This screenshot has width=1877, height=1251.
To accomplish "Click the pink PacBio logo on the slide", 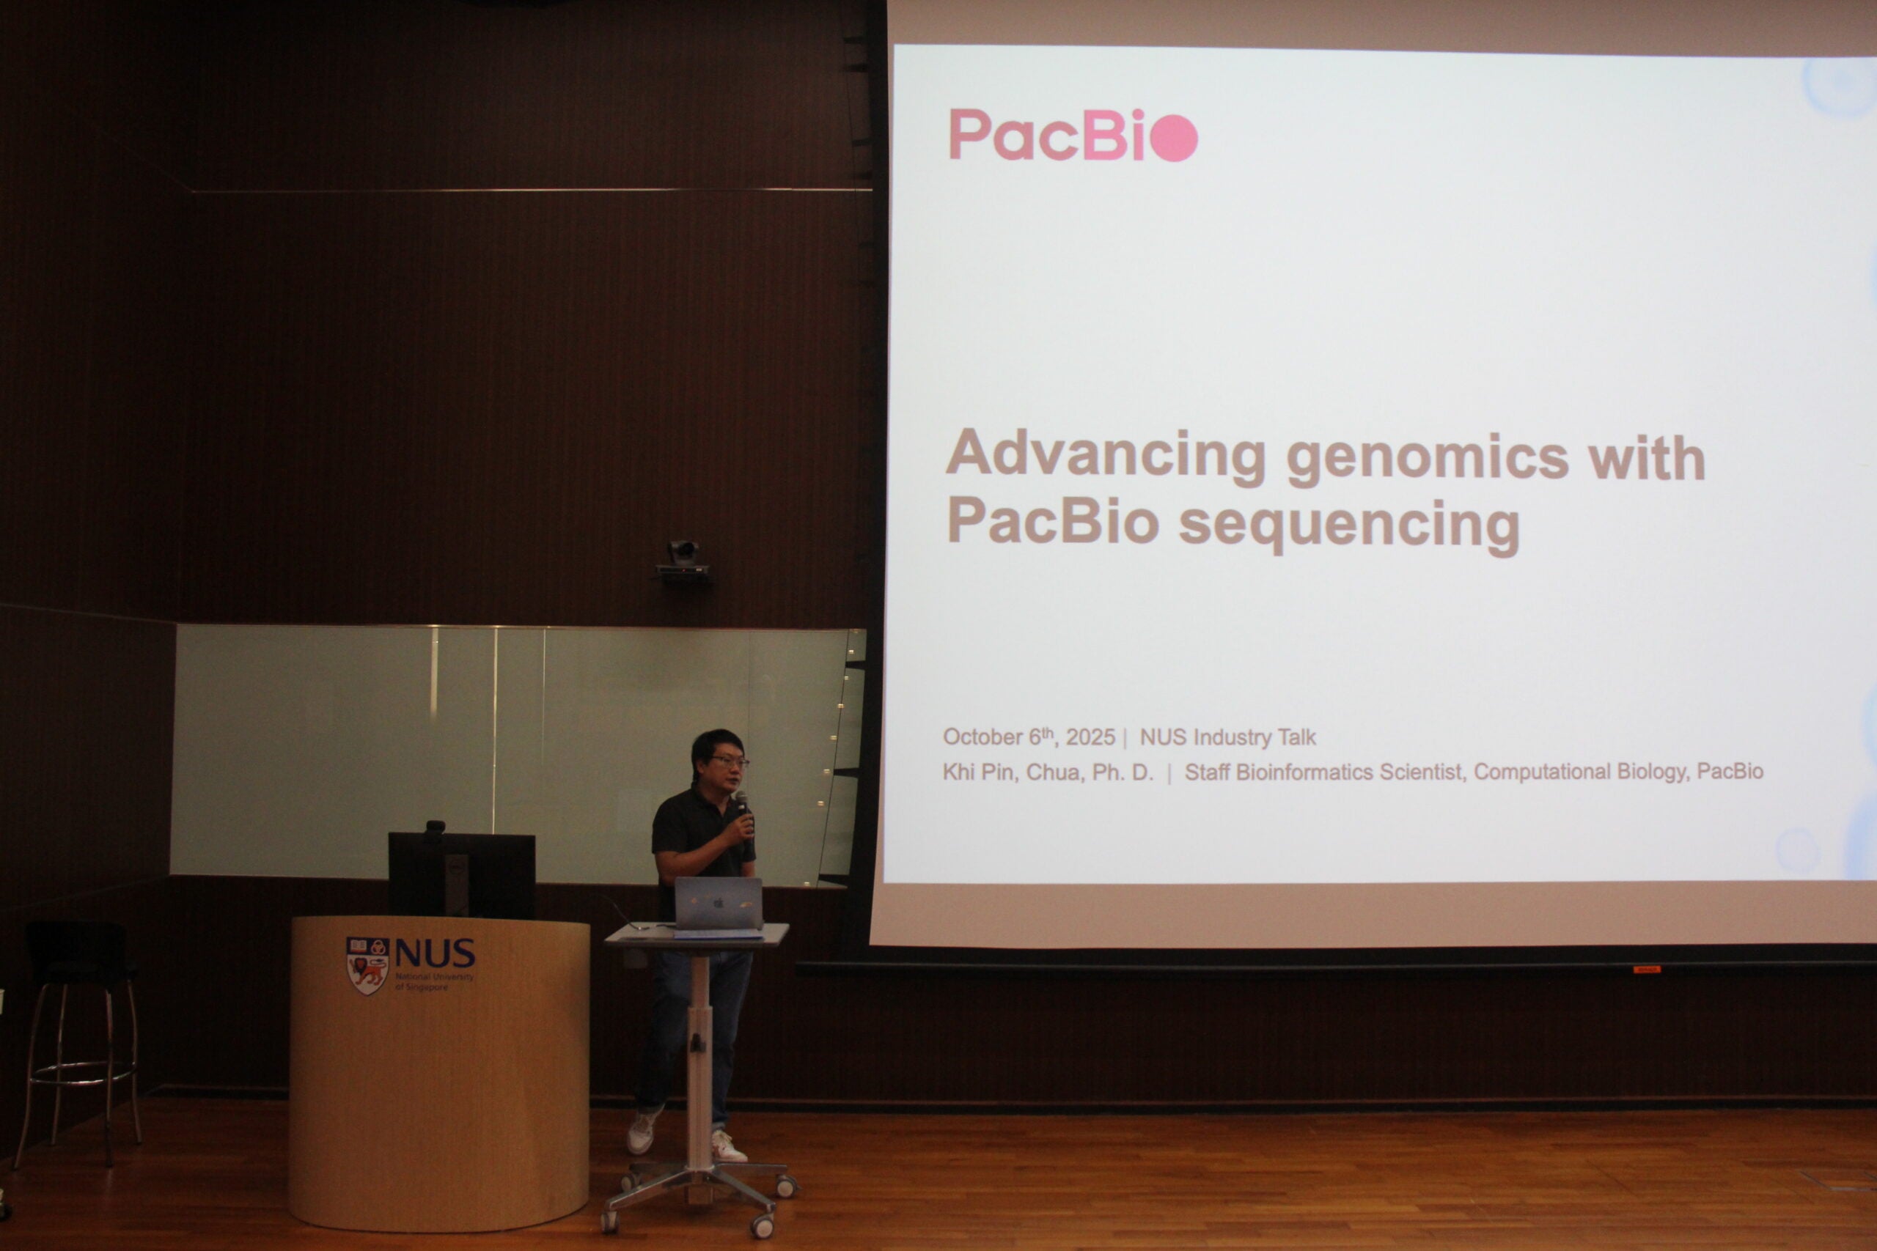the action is (x=1073, y=136).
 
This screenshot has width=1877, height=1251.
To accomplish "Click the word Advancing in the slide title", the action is (x=1105, y=454).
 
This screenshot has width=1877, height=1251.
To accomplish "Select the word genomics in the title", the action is (x=1428, y=459).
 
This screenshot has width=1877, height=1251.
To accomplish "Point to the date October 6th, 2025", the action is (x=1029, y=737).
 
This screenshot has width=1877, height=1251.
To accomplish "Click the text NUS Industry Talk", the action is (x=1227, y=737).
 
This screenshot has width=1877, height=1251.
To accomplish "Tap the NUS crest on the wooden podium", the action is (x=367, y=965).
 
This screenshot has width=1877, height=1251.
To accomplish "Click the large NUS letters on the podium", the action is (x=435, y=953).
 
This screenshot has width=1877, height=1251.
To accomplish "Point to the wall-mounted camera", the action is (x=683, y=562).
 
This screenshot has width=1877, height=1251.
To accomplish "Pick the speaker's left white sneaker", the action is (x=728, y=1145).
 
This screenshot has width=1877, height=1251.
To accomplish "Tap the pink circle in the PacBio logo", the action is (x=1173, y=138).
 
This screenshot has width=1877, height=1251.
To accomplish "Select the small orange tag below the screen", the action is (x=1646, y=970).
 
